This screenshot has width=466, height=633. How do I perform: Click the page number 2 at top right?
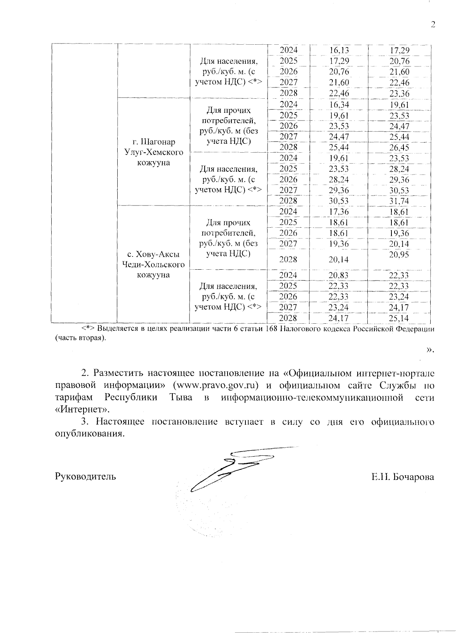click(433, 25)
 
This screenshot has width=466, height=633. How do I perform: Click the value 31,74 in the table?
click(399, 201)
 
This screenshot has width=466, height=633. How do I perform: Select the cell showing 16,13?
click(339, 50)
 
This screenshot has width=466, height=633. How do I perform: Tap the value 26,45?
click(399, 148)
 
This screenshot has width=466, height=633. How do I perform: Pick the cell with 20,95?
click(399, 255)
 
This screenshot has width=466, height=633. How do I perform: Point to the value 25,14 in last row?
click(399, 318)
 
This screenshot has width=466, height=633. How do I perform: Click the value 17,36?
click(339, 212)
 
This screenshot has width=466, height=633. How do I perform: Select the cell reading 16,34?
click(339, 105)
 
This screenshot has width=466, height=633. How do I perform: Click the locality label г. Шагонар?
click(153, 142)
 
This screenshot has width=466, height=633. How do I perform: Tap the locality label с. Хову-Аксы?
click(153, 255)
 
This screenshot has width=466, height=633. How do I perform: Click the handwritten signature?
click(233, 468)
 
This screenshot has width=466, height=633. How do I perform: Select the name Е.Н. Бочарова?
click(402, 477)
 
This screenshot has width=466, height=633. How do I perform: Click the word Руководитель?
click(85, 476)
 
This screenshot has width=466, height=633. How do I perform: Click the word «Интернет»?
click(82, 409)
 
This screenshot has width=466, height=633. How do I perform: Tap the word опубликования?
click(90, 434)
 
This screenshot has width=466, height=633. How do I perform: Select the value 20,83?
click(339, 276)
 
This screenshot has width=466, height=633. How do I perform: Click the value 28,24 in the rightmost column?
click(399, 169)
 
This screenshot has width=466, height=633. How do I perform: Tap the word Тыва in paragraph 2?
click(181, 398)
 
